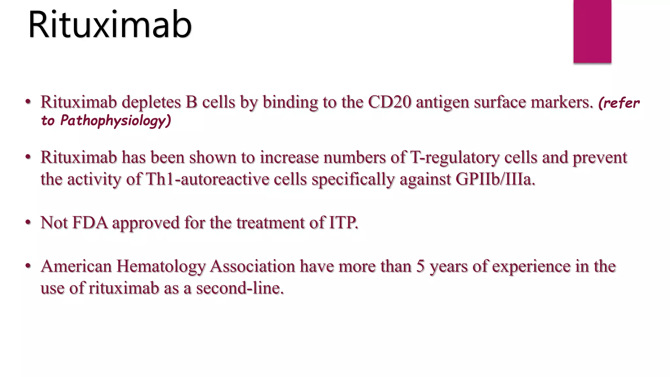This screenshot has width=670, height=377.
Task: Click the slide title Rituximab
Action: click(x=110, y=25)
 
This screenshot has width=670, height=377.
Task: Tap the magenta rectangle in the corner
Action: click(x=592, y=31)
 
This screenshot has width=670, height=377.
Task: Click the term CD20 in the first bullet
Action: click(x=389, y=102)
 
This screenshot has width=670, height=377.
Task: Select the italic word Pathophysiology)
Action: click(x=115, y=121)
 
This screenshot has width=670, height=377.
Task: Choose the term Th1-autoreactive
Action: click(x=207, y=179)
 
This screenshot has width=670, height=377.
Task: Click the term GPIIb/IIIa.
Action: click(x=495, y=179)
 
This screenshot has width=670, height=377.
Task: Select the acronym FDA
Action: click(x=90, y=223)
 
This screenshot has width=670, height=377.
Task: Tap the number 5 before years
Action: click(x=420, y=266)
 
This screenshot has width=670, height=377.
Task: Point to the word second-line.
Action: click(x=240, y=288)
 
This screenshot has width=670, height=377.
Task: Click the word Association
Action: click(x=253, y=266)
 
